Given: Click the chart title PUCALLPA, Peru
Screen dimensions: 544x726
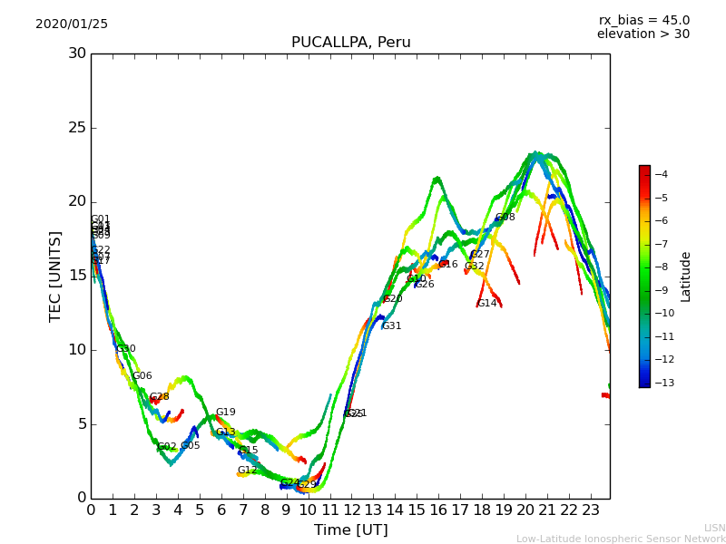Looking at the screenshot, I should coord(350,43).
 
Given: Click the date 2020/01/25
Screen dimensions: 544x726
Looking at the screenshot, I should coord(72,24).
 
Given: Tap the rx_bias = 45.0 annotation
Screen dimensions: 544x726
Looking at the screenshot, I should coord(643,20).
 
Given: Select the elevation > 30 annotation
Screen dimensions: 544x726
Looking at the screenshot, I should coord(643,34).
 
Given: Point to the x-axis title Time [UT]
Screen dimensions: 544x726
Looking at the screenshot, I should coord(350,530).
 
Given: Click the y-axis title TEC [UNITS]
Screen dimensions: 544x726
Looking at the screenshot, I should coord(56,276).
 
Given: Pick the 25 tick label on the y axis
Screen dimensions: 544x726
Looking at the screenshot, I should coord(77,127).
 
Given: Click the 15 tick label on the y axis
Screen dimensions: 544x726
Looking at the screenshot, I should coord(77,276).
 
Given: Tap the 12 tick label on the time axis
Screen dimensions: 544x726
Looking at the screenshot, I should coord(351,510).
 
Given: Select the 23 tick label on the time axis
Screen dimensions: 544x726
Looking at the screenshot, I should coord(590,510).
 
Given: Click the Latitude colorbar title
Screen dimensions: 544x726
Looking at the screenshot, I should coord(686,276).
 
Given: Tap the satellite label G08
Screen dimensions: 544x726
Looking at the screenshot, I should coord(505,218).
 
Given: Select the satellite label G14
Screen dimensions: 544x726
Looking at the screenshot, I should coord(487,304).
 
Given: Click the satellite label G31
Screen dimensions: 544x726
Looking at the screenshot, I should coord(391,326).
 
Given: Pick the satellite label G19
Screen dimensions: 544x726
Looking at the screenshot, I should coord(225,413).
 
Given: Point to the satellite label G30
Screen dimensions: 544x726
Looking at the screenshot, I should coord(125,349).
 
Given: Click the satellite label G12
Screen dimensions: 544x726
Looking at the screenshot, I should coord(248,471).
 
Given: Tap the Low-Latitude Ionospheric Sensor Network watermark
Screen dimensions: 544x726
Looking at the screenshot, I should coord(621,539).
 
